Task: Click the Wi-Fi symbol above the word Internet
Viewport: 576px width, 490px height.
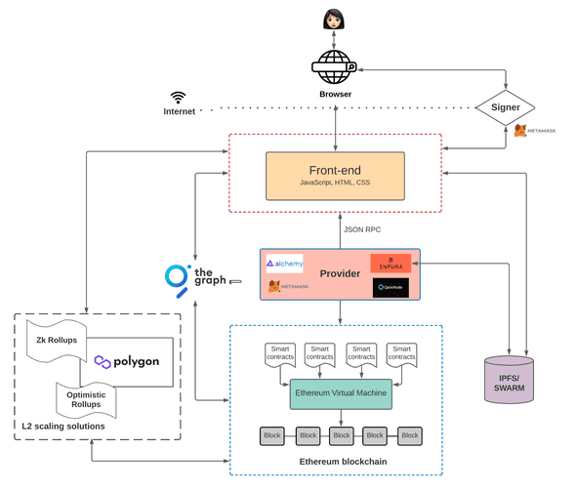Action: [x=178, y=98]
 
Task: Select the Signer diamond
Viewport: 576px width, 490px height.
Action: [x=505, y=106]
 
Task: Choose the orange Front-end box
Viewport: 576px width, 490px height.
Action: [x=334, y=173]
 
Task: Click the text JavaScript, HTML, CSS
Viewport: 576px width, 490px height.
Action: [x=334, y=183]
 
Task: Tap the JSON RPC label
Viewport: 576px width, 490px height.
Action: [x=362, y=230]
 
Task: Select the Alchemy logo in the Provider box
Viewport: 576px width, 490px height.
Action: [x=285, y=263]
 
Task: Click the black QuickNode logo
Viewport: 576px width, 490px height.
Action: [x=391, y=288]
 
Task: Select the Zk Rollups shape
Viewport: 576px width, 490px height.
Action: [x=60, y=341]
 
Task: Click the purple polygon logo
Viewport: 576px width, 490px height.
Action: [x=126, y=361]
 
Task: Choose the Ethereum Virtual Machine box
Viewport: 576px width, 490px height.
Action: [x=341, y=393]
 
